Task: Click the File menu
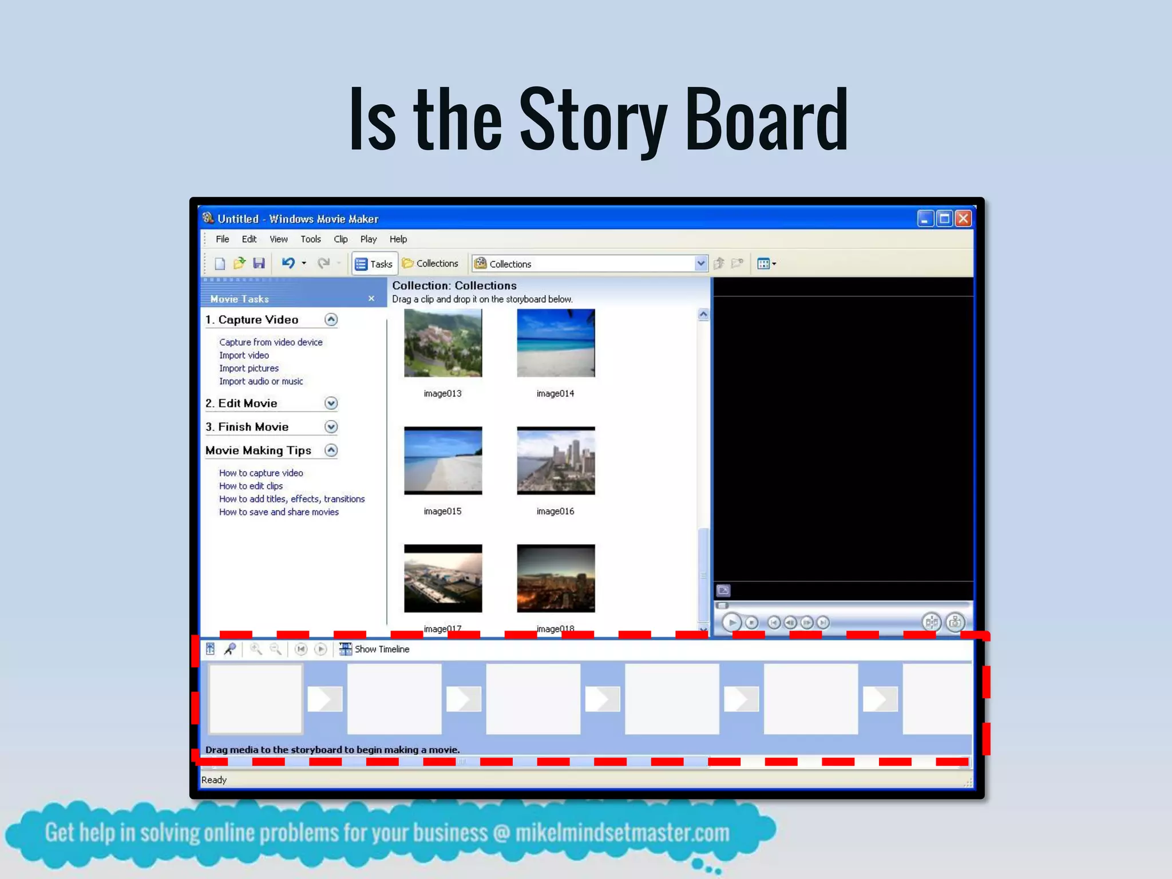pyautogui.click(x=222, y=239)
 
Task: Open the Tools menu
pyautogui.click(x=311, y=239)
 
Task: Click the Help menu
pyautogui.click(x=398, y=239)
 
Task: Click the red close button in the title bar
pyautogui.click(x=963, y=219)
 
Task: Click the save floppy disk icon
pyautogui.click(x=259, y=263)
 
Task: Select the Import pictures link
pyautogui.click(x=249, y=369)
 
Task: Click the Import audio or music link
pyautogui.click(x=261, y=382)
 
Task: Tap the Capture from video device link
pyautogui.click(x=271, y=342)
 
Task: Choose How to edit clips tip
pyautogui.click(x=251, y=486)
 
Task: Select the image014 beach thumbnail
pyautogui.click(x=556, y=343)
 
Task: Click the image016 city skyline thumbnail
pyautogui.click(x=556, y=461)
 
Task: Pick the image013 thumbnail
pyautogui.click(x=443, y=343)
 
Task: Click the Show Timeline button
pyautogui.click(x=375, y=649)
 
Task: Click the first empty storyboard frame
pyautogui.click(x=255, y=699)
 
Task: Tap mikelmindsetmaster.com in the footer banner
pyautogui.click(x=622, y=833)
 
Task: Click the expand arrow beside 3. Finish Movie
pyautogui.click(x=331, y=427)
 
